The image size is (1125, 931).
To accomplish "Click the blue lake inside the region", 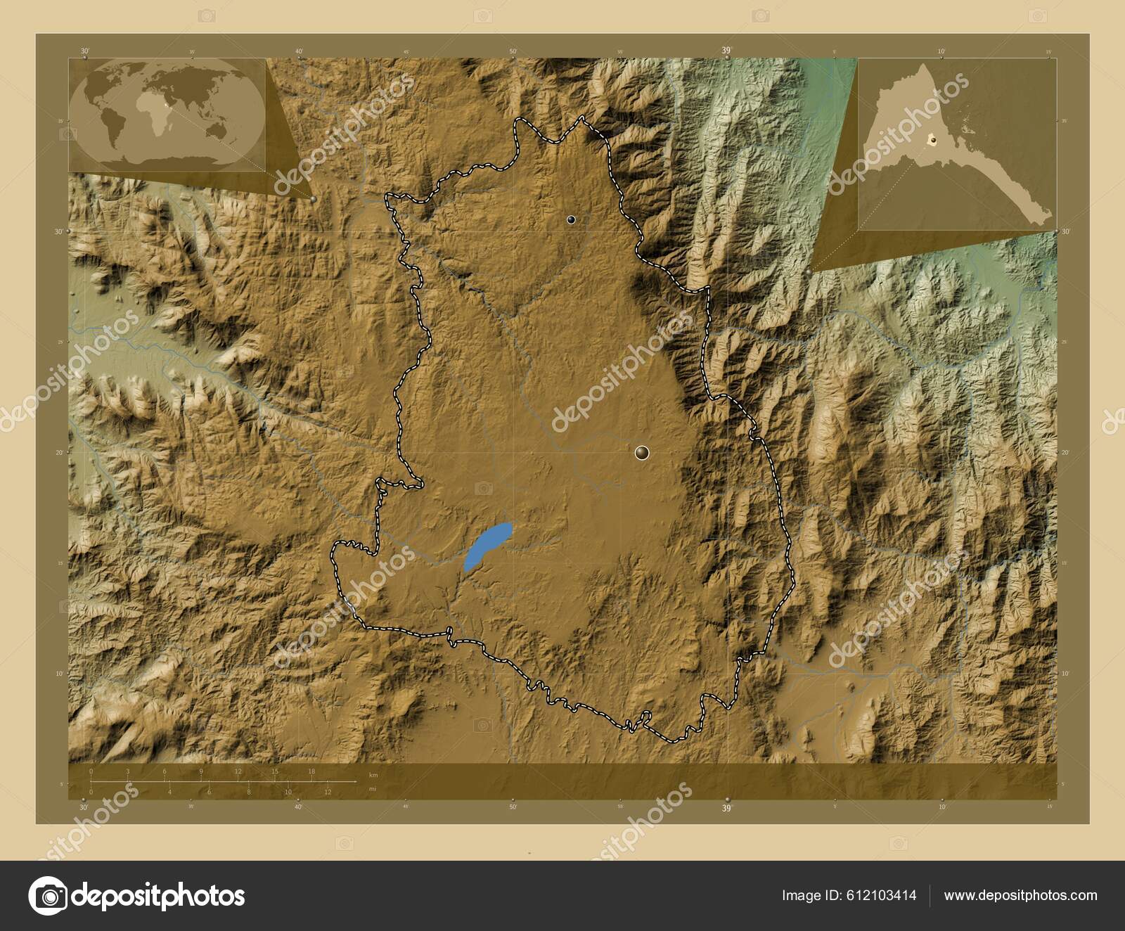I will [x=487, y=546].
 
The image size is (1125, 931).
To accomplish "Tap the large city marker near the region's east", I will [x=641, y=452].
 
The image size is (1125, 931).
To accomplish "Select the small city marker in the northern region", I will [x=571, y=220].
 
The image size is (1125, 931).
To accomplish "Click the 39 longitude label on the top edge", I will [x=726, y=50].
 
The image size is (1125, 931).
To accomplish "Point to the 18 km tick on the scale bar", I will [x=311, y=771].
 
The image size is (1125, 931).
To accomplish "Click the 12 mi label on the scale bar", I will [x=328, y=792].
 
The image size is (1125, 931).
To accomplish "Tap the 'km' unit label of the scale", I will [x=373, y=775].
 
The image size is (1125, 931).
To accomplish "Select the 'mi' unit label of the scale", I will [x=372, y=789].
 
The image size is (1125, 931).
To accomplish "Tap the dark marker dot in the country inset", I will [x=932, y=140].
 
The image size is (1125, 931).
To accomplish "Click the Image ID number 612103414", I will [x=882, y=895].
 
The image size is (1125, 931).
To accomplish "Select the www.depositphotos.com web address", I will [x=1020, y=895].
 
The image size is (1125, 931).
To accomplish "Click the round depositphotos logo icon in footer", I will [x=48, y=896].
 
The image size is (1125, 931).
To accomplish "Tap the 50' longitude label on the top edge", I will [x=513, y=51].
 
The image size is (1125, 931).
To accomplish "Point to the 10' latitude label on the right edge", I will [x=1064, y=673].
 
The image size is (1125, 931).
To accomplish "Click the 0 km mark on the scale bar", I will [x=91, y=771].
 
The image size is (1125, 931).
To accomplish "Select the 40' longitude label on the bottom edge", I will [x=298, y=807].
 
